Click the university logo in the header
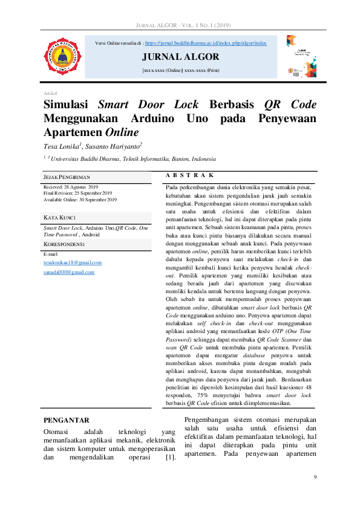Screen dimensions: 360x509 pos(61,57)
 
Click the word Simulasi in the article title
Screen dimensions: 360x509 pos(67,105)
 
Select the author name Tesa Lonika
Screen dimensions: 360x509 pos(61,146)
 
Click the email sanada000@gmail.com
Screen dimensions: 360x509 pos(69,272)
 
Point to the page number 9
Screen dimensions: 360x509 pos(315,478)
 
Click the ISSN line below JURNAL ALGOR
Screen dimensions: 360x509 pos(181,71)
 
